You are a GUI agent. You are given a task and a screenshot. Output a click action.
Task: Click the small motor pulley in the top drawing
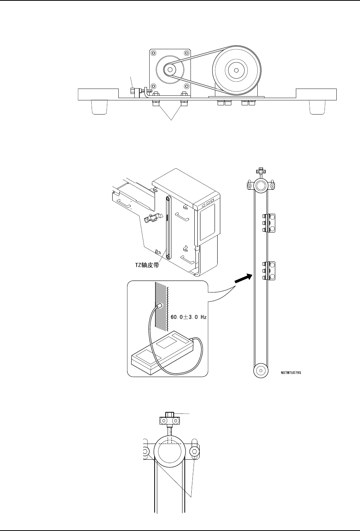tap(170, 69)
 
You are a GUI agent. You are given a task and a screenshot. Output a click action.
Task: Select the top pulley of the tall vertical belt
tap(261, 186)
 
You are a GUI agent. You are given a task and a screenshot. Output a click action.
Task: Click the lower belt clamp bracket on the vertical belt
tap(269, 271)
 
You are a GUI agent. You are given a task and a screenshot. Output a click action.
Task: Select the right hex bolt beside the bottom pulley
tap(195, 452)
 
